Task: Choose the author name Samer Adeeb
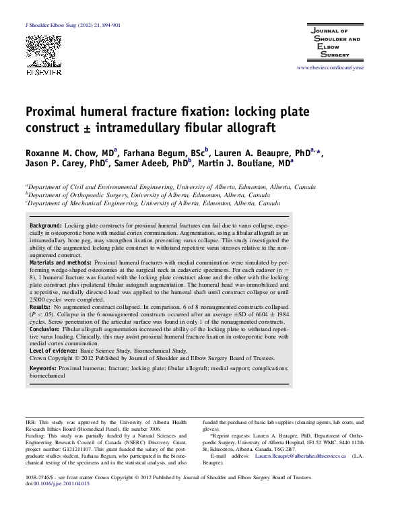[141, 165]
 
